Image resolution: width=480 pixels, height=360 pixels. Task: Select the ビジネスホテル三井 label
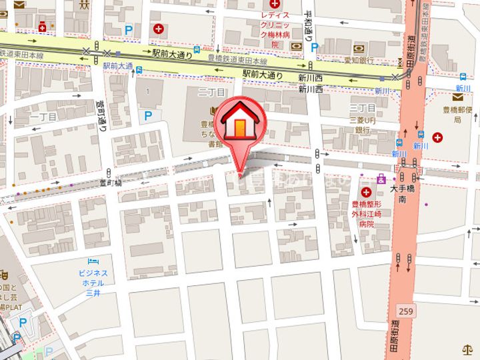click(93, 282)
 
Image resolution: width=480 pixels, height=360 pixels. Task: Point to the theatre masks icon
click(3, 273)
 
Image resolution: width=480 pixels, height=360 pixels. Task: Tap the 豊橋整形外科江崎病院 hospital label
click(366, 215)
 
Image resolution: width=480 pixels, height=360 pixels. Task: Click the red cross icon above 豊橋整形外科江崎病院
click(366, 192)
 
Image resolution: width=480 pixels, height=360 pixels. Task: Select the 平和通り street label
click(309, 26)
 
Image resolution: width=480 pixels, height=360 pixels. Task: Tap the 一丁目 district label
click(44, 117)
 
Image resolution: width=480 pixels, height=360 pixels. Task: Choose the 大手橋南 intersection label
click(403, 194)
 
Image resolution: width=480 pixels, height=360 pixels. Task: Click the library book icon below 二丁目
click(213, 111)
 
